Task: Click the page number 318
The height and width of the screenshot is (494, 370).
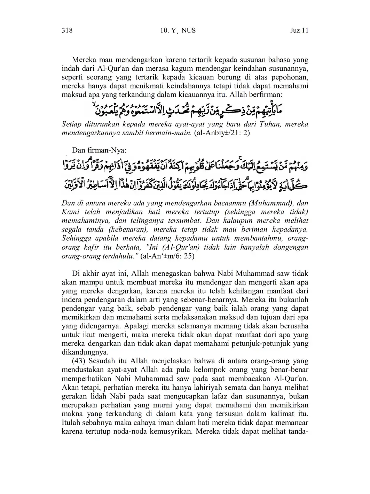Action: [67, 31]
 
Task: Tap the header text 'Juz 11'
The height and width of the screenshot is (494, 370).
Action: [299, 31]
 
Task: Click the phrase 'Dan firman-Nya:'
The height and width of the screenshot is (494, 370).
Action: [99, 150]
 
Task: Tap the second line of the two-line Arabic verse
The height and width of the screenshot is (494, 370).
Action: [185, 184]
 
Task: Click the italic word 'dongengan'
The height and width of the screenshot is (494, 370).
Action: [291, 247]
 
